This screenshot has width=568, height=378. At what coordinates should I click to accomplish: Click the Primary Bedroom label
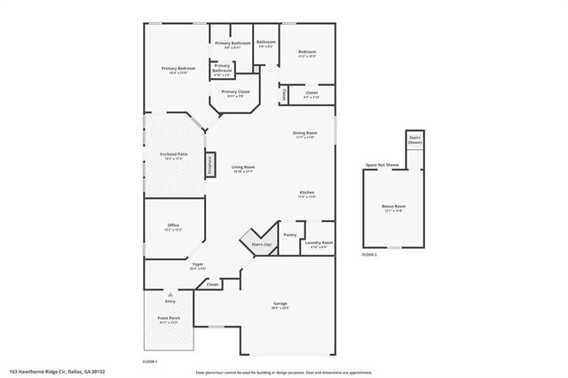(178, 69)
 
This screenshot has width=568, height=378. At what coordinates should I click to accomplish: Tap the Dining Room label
(305, 133)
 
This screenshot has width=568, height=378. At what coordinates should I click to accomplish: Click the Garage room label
(280, 304)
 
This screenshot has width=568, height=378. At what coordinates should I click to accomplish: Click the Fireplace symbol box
(209, 164)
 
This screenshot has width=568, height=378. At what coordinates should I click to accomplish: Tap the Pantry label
(290, 234)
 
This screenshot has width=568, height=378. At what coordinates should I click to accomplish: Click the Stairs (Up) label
(261, 243)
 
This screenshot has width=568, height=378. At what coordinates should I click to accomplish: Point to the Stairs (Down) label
(414, 140)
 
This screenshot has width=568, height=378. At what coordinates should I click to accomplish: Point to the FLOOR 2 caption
(369, 255)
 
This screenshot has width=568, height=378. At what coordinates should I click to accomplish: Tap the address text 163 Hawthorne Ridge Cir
(53, 372)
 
